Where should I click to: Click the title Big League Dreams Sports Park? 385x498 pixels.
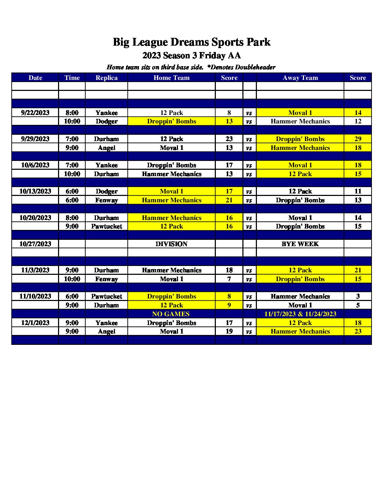coord(191,42)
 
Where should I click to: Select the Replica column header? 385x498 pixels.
coord(107,78)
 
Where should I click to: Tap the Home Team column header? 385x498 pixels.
coord(171,78)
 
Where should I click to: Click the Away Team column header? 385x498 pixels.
coord(300,78)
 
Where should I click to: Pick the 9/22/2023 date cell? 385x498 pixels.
coord(35,113)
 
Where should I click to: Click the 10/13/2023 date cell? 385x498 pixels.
coord(35,191)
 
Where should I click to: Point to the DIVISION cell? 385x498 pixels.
coord(171,244)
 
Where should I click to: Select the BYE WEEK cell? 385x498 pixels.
coord(300,244)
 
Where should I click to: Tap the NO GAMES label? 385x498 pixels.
coord(171,314)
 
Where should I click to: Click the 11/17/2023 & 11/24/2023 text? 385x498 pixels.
coord(300,314)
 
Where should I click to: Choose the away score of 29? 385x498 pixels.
coord(358,139)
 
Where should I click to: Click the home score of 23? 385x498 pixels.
coord(229,139)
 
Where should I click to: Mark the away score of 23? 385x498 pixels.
coord(358,331)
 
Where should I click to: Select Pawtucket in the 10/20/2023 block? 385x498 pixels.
coord(107,226)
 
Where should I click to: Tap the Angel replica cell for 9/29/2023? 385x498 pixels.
coord(107,148)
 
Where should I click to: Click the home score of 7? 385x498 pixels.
coord(229,279)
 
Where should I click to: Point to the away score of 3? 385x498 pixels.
coord(358,296)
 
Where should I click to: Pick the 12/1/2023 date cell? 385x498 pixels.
coord(35,323)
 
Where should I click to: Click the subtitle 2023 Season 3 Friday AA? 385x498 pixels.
coord(191,56)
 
